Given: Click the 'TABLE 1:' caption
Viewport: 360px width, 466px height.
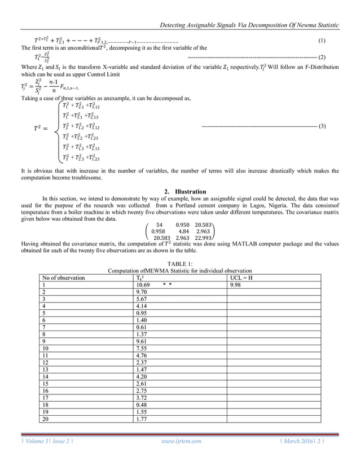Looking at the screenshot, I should [x=180, y=263].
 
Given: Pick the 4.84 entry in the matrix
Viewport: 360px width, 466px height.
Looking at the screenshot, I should [x=183, y=231].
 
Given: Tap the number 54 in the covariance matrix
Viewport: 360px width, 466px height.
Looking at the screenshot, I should [x=159, y=224].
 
